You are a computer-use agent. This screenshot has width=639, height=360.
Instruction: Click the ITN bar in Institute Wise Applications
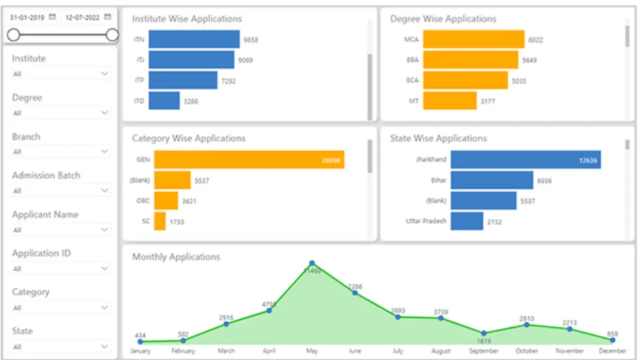coord(194,40)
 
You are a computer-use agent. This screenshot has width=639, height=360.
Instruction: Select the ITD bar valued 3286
coord(164,101)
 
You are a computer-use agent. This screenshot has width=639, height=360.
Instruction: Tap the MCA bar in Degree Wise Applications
coord(473,40)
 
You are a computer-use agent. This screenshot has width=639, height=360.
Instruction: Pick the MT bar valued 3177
coord(450,101)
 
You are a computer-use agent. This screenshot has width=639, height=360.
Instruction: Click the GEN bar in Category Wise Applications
coord(249,160)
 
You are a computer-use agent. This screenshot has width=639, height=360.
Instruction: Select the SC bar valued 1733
coord(160,221)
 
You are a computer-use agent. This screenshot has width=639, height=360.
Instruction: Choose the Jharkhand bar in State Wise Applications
coord(525,160)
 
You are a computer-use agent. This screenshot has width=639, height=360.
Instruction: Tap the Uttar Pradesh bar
coord(466,221)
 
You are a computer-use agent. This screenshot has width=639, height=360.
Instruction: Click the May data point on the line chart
coord(312,263)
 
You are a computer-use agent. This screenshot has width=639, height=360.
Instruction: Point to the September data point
coord(484,333)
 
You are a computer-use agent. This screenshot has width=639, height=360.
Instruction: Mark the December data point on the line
coord(612,340)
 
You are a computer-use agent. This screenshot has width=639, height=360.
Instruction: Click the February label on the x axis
coord(183,351)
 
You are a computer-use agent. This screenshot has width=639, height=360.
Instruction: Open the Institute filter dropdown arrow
coord(105,74)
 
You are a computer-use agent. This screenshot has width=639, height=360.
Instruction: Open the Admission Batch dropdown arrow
coord(105,191)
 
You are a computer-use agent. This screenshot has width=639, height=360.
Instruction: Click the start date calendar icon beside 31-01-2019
coord(52,17)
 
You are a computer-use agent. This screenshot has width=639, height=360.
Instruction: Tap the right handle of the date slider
coord(112,35)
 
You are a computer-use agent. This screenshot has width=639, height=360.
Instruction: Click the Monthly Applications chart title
coord(176,257)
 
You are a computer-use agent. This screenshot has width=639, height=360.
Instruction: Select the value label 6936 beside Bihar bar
coord(544,181)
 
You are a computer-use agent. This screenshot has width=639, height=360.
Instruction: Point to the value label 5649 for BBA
coord(529,61)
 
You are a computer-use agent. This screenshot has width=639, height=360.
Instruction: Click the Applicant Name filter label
coord(45,215)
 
